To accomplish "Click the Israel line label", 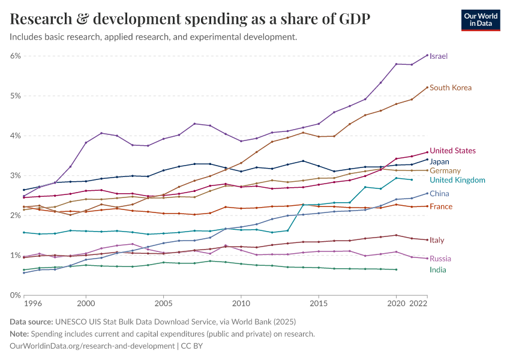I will (439, 56).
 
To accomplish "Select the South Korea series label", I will (451, 88).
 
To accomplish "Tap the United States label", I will (453, 151).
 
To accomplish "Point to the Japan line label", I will (440, 161).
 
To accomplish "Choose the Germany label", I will (445, 171).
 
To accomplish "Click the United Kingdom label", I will (457, 180).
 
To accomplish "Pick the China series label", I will (439, 194).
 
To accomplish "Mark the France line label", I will (441, 206).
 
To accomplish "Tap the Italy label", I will (437, 240).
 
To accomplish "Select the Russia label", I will (440, 259).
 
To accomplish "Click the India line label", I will (438, 270).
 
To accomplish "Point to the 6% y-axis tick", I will (16, 56).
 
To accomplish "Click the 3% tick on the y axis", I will (16, 175).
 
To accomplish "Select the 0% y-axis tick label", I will (16, 295).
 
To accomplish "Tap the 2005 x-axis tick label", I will (163, 304).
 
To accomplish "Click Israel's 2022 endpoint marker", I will (427, 55).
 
